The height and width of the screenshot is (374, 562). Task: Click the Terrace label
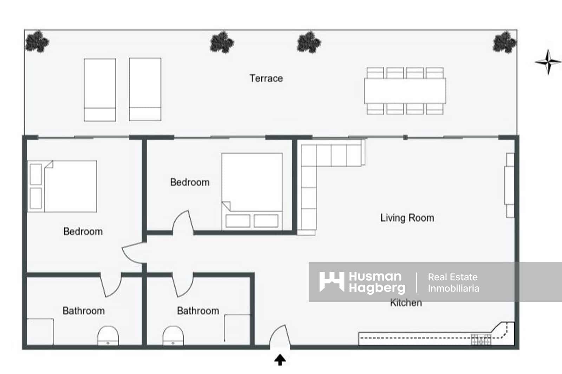(266, 78)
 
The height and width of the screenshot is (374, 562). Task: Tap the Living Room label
(407, 218)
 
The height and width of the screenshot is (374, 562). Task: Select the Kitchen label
(406, 303)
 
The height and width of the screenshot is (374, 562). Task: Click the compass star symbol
(548, 62)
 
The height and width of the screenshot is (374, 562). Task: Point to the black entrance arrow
(280, 360)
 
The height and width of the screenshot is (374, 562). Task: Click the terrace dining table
(405, 91)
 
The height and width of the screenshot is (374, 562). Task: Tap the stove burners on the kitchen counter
(481, 340)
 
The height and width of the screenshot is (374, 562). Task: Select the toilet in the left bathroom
(108, 336)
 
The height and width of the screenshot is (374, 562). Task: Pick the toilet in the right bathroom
(173, 336)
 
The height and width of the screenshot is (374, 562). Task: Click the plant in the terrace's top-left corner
(37, 41)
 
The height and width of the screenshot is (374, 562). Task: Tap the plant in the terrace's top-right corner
(504, 42)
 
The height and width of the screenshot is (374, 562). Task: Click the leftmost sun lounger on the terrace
(100, 90)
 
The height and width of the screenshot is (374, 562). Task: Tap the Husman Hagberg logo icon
(332, 282)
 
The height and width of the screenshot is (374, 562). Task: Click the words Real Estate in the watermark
(452, 277)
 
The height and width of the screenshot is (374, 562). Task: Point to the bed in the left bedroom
(63, 186)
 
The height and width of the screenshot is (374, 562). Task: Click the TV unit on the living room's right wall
(510, 185)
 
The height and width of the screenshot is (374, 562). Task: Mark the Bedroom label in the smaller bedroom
(190, 182)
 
